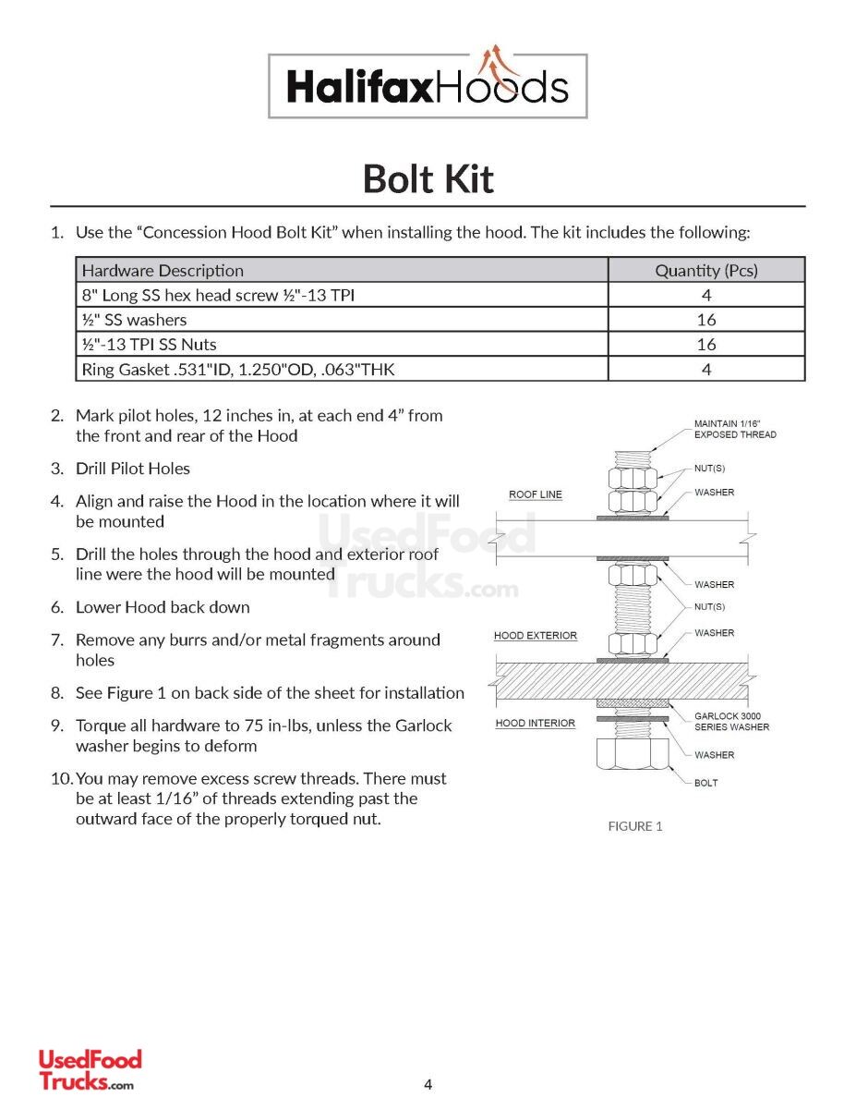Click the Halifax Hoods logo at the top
tap(428, 86)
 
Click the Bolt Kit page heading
tap(428, 178)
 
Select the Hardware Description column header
tap(163, 271)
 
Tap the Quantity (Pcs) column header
tap(705, 271)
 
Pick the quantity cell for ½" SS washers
tap(705, 320)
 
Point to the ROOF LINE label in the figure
tap(536, 495)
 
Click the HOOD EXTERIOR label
tap(536, 636)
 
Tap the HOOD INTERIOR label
tap(536, 724)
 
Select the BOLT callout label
tap(705, 783)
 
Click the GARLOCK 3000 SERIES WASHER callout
tap(731, 721)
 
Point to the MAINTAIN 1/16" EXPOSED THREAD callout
tap(735, 429)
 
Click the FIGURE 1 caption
tap(634, 826)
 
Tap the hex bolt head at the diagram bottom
tap(633, 753)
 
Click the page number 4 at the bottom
tap(428, 1085)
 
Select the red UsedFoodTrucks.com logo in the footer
tap(90, 1070)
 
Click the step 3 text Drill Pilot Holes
tap(133, 469)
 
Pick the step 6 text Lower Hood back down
tap(163, 607)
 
